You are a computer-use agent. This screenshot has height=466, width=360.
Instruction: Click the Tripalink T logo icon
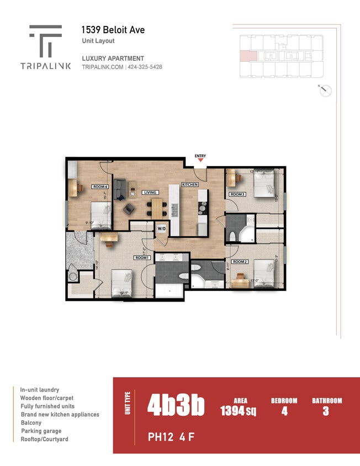45,41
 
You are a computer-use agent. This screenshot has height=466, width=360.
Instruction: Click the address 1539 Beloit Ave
113,30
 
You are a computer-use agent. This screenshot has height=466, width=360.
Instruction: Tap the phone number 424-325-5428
145,67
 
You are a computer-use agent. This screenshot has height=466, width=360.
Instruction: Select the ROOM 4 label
100,187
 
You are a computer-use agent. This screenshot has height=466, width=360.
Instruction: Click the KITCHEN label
189,184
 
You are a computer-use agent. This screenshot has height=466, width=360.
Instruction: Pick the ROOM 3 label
237,194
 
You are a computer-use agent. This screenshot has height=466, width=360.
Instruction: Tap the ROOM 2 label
239,261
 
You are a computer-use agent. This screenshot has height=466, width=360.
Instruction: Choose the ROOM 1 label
142,258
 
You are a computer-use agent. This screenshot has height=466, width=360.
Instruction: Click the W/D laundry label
162,228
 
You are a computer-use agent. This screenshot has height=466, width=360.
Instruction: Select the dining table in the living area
158,208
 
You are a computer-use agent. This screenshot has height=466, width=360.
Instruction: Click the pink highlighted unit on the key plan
246,55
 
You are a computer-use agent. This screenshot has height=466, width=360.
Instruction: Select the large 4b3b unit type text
176,406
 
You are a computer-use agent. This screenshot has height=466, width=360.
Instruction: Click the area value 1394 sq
238,410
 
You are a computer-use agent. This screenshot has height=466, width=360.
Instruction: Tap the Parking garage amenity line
41,431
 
